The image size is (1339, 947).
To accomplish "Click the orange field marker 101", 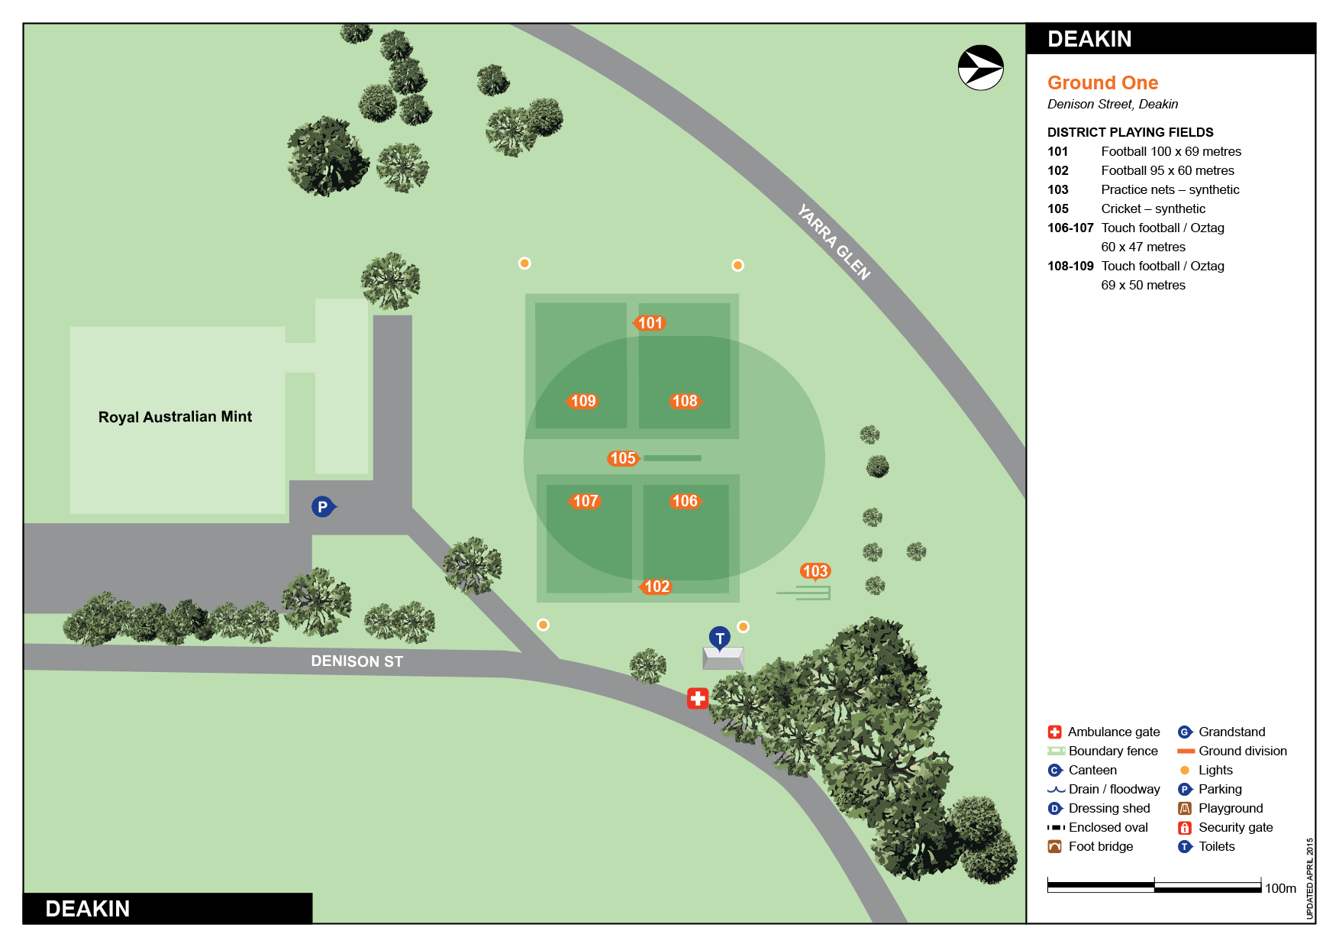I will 650,323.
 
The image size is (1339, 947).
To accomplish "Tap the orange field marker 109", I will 582,401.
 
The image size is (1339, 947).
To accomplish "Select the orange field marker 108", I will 685,401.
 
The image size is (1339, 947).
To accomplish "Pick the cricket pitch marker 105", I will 622,458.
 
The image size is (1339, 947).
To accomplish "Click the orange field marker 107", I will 585,501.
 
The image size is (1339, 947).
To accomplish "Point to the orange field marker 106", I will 685,501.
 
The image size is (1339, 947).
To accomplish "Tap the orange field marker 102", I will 656,587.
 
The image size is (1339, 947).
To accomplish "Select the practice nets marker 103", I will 815,571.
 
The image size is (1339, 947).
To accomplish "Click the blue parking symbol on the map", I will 323,506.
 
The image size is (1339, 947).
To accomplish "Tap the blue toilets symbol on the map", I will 719,638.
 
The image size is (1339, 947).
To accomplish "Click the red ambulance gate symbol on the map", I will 698,698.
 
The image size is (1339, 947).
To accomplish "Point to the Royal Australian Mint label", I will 175,417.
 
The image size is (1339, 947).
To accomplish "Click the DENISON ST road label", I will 357,661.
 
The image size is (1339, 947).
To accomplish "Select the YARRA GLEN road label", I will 834,241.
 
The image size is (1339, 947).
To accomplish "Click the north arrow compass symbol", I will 980,68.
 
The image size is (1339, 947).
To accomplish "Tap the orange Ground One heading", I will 1102,82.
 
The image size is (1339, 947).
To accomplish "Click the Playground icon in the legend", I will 1185,808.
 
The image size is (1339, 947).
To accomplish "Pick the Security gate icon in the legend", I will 1185,827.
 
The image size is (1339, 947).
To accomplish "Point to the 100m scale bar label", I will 1280,888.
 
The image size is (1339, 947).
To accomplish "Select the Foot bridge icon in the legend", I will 1055,846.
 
